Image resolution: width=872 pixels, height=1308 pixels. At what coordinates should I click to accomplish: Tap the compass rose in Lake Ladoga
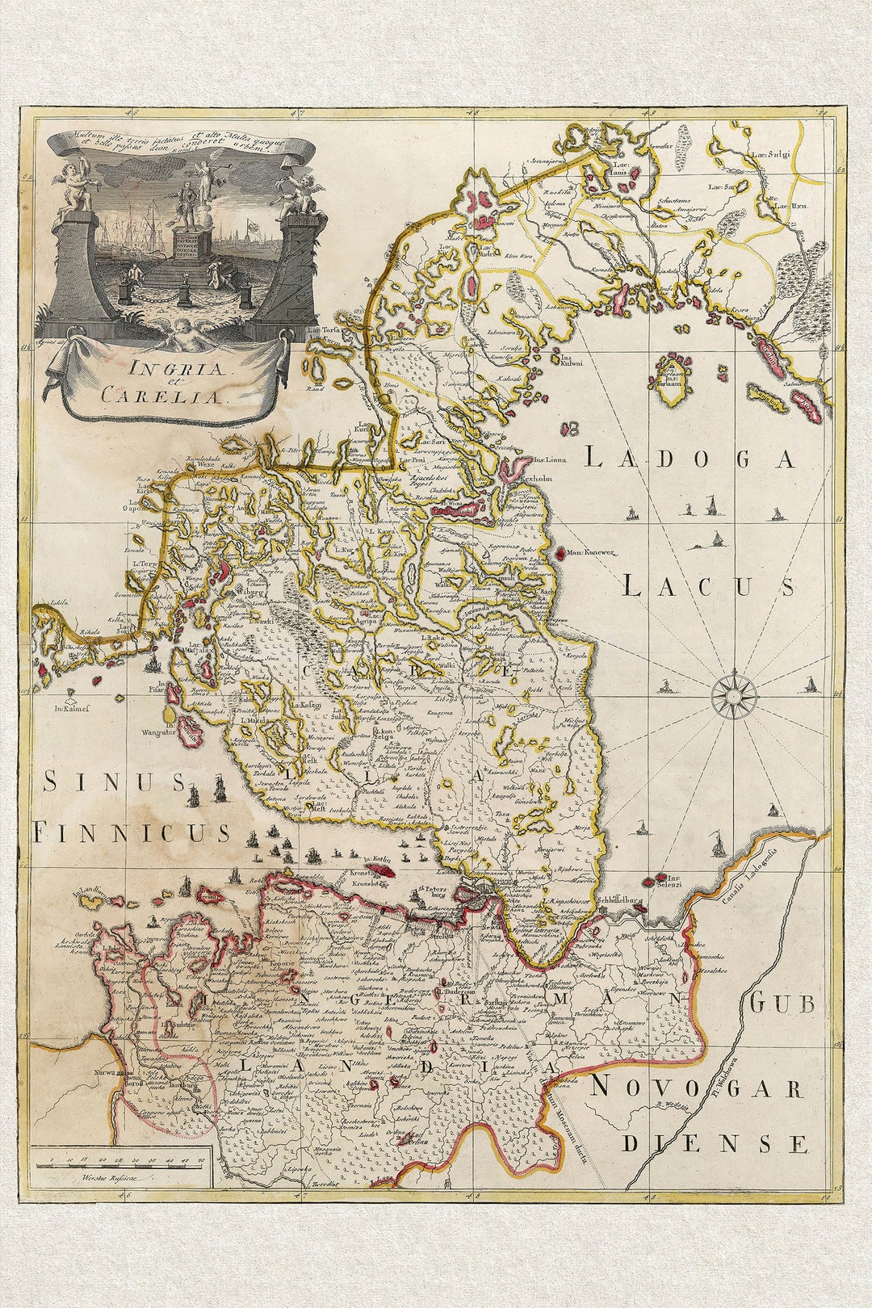pyautogui.click(x=734, y=694)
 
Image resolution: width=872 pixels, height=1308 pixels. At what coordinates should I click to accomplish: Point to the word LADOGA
pyautogui.click(x=690, y=459)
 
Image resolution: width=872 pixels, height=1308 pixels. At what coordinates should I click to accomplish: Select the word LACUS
pyautogui.click(x=709, y=586)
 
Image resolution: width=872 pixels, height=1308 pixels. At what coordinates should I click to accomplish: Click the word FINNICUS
pyautogui.click(x=132, y=832)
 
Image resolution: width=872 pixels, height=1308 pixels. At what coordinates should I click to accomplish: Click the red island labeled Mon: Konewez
pyautogui.click(x=560, y=553)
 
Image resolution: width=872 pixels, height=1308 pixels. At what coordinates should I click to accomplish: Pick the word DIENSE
pyautogui.click(x=714, y=1143)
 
